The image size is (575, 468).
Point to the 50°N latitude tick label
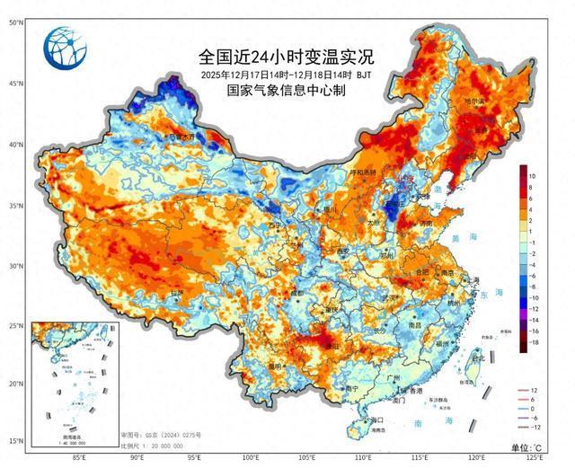tap(15, 22)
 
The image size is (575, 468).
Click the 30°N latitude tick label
tap(15, 266)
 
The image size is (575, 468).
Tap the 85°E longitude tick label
tap(78, 458)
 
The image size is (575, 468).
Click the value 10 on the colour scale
tap(533, 176)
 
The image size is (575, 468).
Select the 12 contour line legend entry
tap(533, 390)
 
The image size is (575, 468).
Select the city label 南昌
tap(415, 324)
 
